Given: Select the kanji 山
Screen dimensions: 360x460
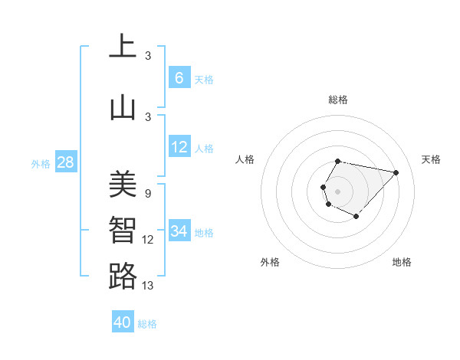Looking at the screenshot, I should (123, 107).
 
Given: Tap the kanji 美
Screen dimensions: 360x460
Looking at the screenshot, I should (123, 184).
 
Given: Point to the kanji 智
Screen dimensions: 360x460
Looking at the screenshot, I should (123, 231).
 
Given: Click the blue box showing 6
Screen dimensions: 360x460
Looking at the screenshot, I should (179, 78).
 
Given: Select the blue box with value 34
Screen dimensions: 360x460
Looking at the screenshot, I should (179, 231).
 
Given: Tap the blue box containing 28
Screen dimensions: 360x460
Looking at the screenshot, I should (65, 162).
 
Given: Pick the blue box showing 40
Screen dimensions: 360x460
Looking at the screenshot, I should (123, 322).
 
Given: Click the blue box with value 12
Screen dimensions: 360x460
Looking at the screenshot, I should (179, 147).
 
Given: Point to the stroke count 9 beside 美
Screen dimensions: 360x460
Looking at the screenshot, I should (148, 194).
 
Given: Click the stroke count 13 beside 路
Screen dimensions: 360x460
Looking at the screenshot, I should (148, 286).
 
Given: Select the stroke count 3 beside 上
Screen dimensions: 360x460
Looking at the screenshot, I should (148, 56).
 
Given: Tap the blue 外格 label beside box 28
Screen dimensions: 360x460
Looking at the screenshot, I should (40, 163).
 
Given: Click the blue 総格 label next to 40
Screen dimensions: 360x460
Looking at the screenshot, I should (147, 324).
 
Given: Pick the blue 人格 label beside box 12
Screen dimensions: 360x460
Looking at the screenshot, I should (204, 148).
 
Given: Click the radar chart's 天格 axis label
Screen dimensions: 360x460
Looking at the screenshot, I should (431, 159).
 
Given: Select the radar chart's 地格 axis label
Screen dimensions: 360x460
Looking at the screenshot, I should (402, 262).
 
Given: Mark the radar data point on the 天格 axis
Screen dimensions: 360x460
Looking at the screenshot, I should (396, 172).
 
